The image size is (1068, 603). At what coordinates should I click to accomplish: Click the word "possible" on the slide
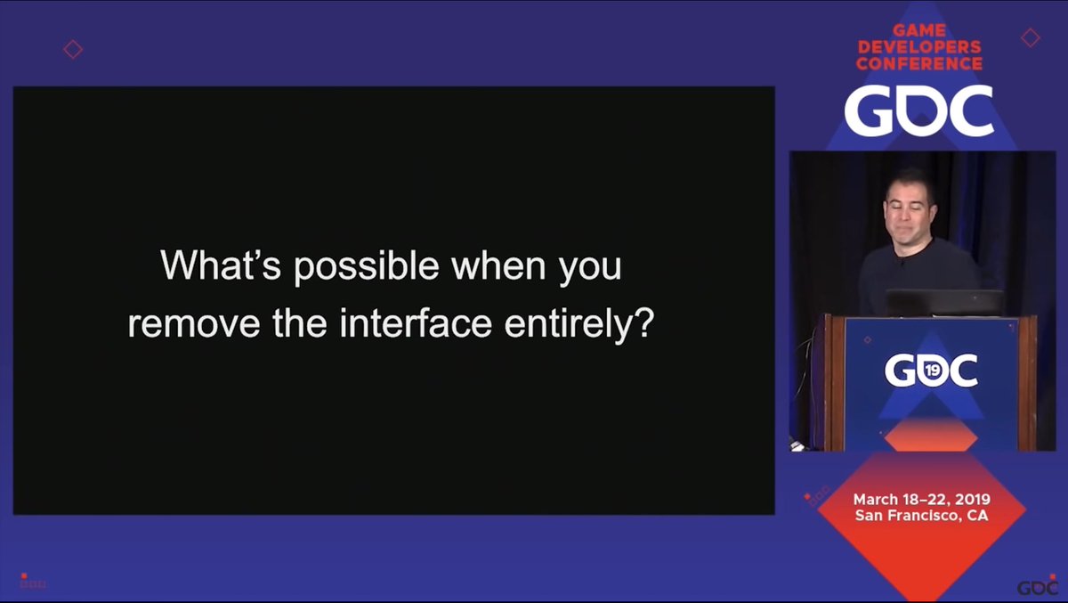coord(366,267)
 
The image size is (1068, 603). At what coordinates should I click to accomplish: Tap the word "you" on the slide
coord(589,267)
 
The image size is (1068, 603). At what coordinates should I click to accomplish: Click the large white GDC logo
coord(918,111)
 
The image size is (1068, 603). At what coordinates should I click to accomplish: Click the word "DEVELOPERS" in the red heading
coord(918,47)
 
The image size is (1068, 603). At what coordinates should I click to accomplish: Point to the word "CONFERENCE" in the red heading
coord(918,64)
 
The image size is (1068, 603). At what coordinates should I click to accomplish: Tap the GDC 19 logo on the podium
coord(931,370)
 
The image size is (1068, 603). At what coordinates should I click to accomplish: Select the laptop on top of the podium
coord(943,303)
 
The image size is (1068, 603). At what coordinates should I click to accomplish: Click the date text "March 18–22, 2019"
coord(921,500)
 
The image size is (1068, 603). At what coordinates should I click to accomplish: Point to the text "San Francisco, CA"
coord(921,516)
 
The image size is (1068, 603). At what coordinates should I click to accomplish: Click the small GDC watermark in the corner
coord(1038,588)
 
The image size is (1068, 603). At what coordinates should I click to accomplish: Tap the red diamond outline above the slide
coord(73,49)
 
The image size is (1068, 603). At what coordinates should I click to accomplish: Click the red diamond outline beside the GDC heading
coord(1030,37)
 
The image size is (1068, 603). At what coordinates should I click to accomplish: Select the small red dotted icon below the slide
coord(32,583)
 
